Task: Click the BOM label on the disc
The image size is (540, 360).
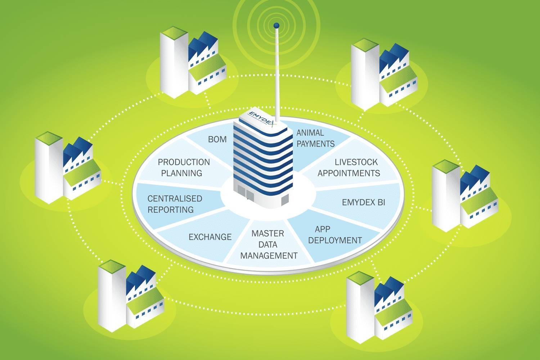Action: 217,139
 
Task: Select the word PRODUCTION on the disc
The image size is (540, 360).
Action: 184,162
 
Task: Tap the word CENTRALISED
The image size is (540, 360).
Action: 175,198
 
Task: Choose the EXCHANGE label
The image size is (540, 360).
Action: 210,237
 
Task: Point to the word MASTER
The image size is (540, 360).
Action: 267,233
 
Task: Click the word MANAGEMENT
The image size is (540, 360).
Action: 269,256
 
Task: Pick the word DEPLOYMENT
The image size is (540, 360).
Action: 335,240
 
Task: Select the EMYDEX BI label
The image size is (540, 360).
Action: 363,202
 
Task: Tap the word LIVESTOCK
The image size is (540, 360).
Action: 356,162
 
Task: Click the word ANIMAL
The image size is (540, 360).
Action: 310,133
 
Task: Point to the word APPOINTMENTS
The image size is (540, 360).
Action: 348,173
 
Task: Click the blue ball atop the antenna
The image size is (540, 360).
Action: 276,25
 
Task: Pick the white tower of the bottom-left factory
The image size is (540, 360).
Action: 112,295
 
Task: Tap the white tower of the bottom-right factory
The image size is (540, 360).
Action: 360,306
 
